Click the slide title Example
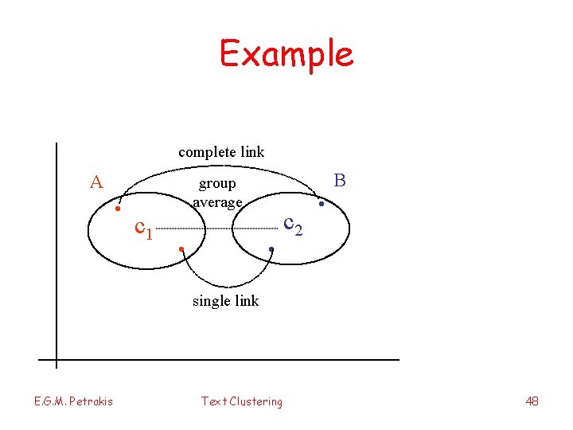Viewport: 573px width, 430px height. tap(286, 54)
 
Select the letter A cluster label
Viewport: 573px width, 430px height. tap(96, 182)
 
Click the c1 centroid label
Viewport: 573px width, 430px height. tap(144, 229)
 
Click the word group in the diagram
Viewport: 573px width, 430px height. tap(217, 184)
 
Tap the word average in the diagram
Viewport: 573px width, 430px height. tap(217, 202)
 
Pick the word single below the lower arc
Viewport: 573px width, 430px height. tap(210, 300)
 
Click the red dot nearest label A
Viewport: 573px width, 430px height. tap(117, 209)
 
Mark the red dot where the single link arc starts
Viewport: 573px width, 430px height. tap(181, 250)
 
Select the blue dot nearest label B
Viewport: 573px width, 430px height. tap(321, 205)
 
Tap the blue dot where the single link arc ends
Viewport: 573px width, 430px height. tap(271, 250)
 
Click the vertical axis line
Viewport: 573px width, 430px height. tap(57, 255)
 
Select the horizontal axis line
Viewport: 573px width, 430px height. tap(223, 360)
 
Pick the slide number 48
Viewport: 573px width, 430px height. tap(532, 401)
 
